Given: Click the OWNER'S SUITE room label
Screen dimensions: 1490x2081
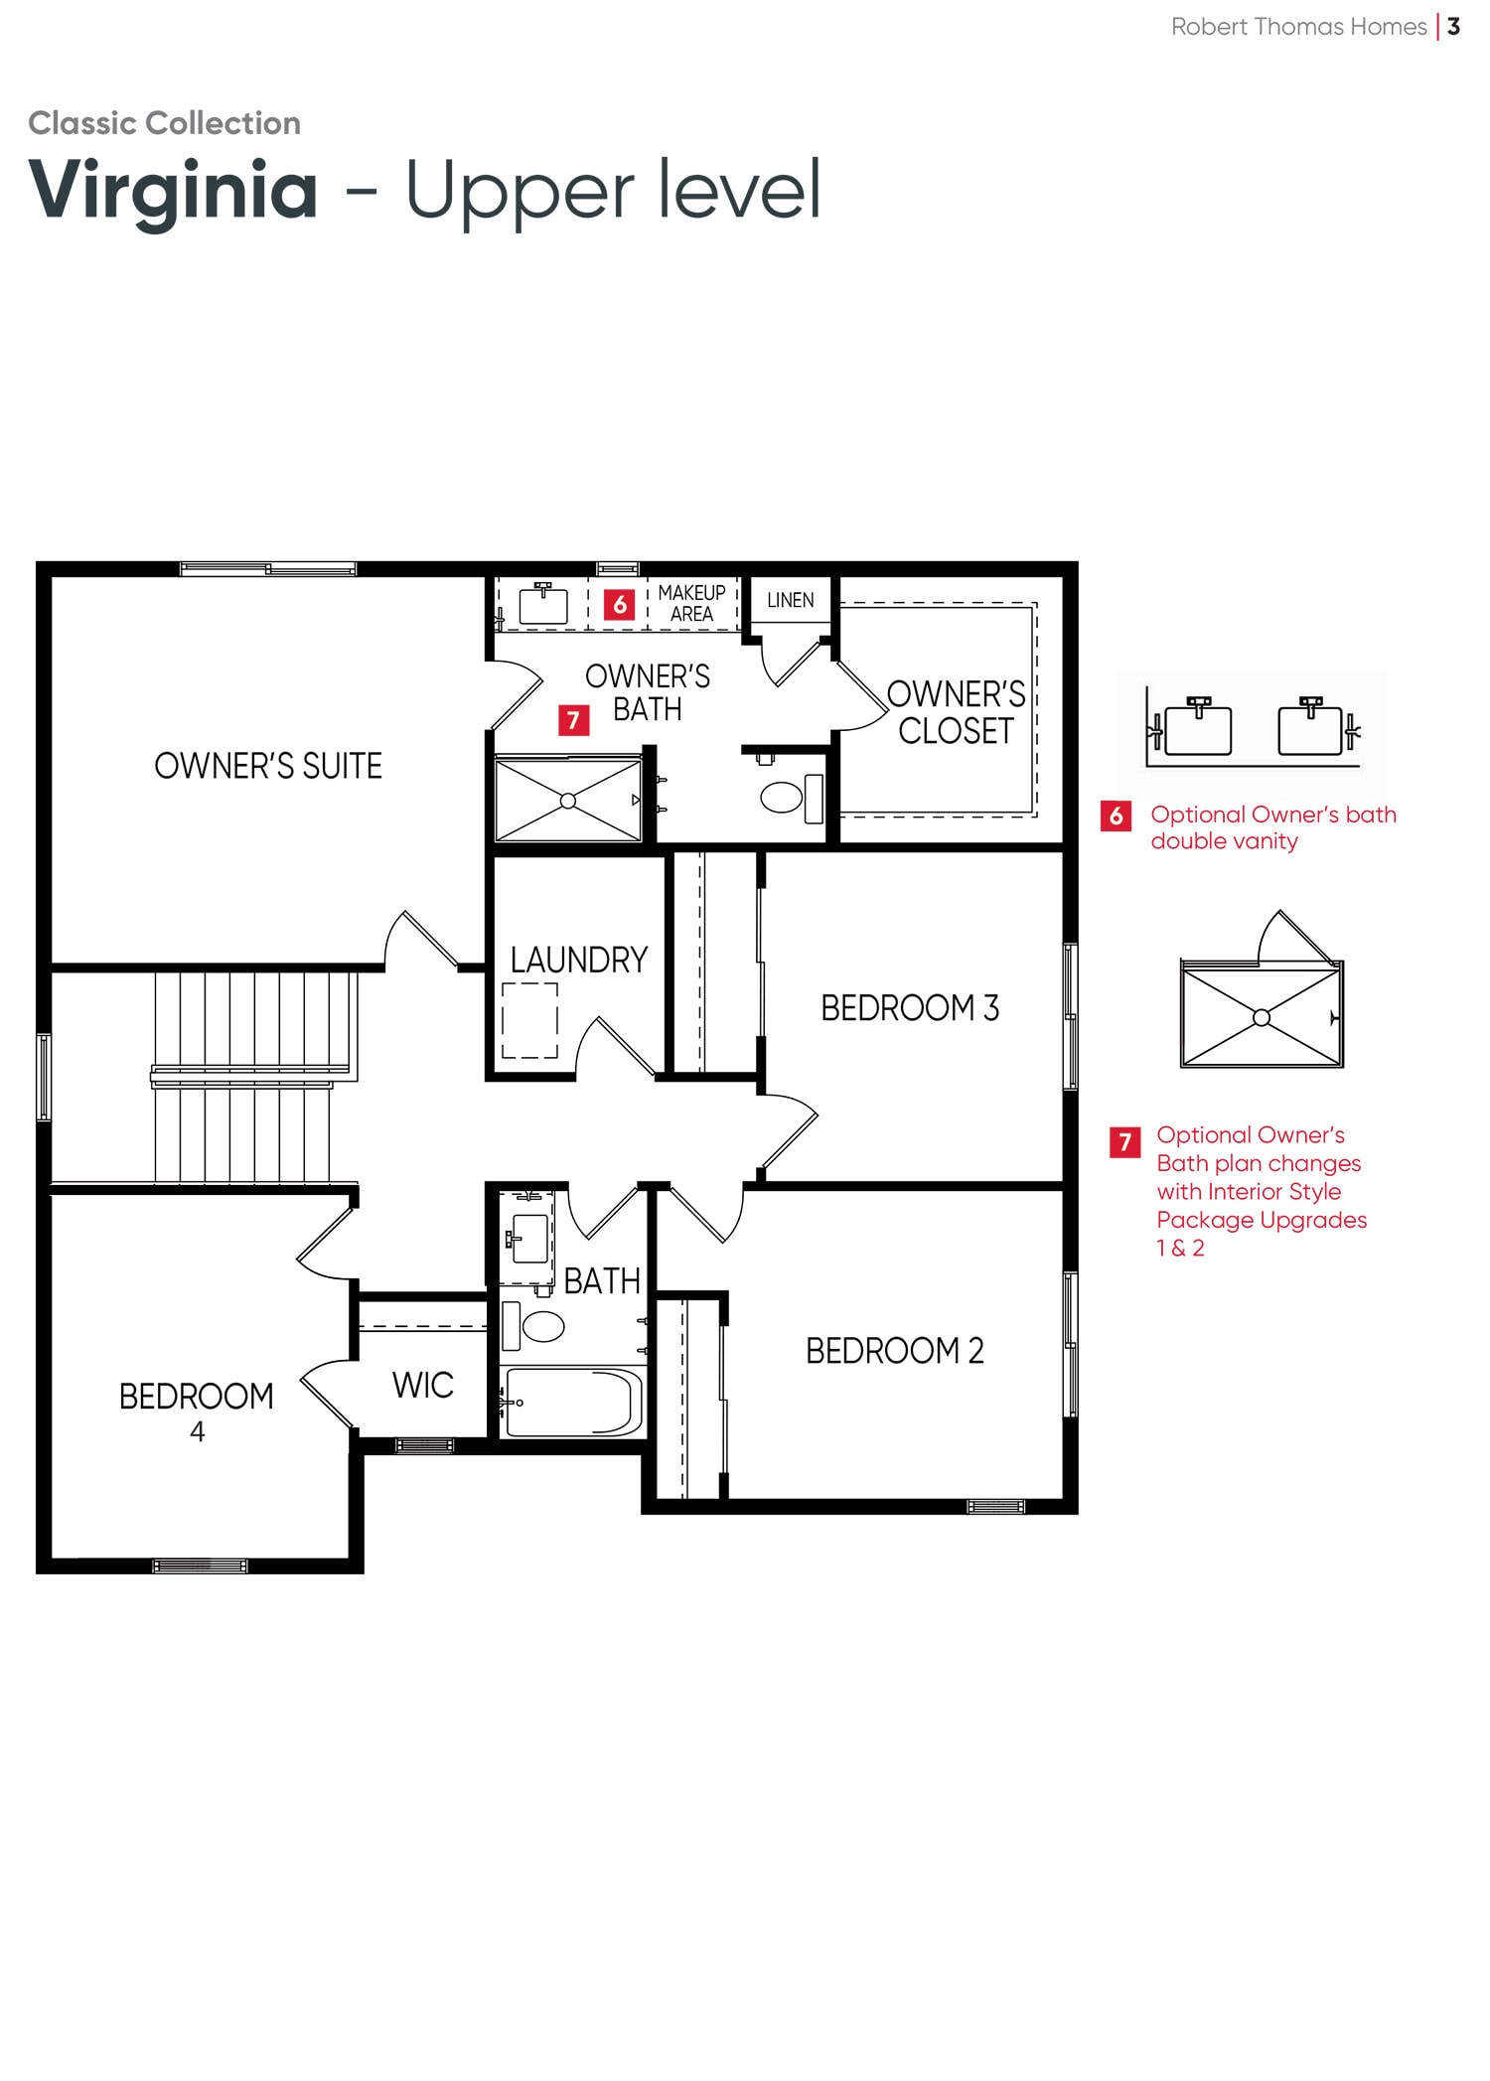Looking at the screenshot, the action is [268, 766].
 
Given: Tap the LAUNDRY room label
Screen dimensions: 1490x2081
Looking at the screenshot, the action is [579, 960].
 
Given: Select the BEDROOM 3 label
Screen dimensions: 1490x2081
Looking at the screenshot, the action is [910, 1007].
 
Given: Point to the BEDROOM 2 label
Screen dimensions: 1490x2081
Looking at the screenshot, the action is [895, 1351].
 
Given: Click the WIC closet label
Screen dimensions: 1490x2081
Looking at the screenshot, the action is [423, 1385].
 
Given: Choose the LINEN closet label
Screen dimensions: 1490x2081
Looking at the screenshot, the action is [791, 600].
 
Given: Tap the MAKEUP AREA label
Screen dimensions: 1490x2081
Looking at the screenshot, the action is [692, 603].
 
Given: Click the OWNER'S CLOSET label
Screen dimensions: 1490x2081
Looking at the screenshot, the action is [956, 712].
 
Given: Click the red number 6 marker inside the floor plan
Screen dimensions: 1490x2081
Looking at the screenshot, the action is [620, 604].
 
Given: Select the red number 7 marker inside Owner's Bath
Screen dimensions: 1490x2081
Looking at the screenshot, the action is [573, 720].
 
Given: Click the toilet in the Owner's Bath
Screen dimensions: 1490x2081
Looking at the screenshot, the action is [792, 798].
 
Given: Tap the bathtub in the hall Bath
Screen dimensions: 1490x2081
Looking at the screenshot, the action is [573, 1402].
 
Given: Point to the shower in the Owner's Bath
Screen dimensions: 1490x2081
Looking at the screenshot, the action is [568, 800].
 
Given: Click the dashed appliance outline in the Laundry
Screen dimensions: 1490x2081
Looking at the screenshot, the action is [529, 1020].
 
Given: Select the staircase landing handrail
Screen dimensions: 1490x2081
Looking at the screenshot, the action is [250, 1076].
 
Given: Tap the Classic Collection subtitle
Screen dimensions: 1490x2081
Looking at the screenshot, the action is [165, 123].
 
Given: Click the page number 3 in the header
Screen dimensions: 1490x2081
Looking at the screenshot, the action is [1453, 27].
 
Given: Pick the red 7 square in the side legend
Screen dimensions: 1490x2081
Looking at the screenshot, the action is [1124, 1142].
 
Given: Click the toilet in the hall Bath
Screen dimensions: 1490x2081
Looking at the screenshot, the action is [533, 1325].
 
